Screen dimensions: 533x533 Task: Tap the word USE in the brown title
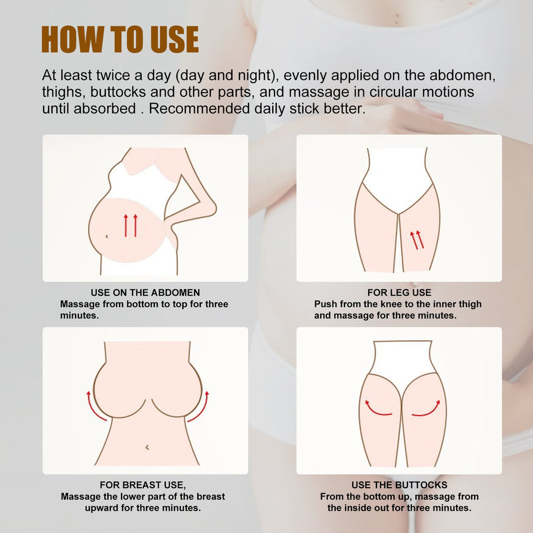(x=174, y=39)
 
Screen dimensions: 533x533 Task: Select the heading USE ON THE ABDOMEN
(x=145, y=293)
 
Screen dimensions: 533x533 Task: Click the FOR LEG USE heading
(x=399, y=293)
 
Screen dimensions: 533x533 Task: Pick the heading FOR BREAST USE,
(x=143, y=485)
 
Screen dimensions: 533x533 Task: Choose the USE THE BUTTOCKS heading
(x=399, y=485)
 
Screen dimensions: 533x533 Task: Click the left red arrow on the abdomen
(x=125, y=225)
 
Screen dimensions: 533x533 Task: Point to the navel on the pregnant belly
(x=107, y=236)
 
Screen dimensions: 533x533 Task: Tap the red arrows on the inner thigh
(x=417, y=240)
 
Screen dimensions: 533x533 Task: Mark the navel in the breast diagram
(x=147, y=447)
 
